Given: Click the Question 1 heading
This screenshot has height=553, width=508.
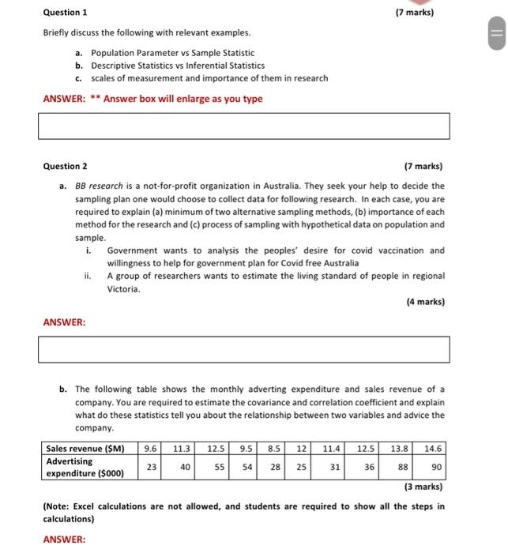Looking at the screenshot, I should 66,13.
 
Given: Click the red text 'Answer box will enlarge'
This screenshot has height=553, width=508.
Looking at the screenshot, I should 183,99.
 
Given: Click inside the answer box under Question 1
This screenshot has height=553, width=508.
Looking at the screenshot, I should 243,126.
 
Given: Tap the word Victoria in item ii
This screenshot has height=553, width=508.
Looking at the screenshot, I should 123,289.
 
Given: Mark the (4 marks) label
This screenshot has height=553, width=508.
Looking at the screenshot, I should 424,302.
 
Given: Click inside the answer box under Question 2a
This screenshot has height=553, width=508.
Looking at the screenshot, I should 243,349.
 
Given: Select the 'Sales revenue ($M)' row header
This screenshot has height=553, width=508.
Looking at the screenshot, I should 85,448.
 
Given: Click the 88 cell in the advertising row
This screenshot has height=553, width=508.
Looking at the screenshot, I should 402,467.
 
